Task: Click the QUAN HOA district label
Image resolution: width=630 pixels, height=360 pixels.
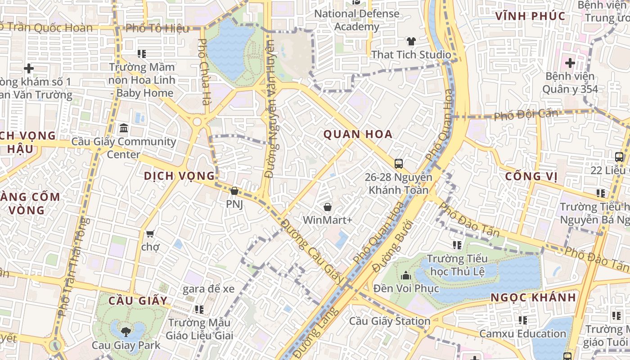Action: pyautogui.click(x=358, y=134)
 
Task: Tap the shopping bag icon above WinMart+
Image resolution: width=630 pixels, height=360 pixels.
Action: pyautogui.click(x=328, y=207)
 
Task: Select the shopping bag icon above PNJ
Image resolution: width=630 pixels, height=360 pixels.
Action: pyautogui.click(x=234, y=191)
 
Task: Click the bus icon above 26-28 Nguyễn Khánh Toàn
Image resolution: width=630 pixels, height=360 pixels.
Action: pyautogui.click(x=398, y=163)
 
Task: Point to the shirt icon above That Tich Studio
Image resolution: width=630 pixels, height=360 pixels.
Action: pyautogui.click(x=411, y=41)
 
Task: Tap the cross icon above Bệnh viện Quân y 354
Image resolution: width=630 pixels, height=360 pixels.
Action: pyautogui.click(x=570, y=63)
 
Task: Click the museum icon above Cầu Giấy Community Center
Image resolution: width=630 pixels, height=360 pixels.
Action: pyautogui.click(x=124, y=128)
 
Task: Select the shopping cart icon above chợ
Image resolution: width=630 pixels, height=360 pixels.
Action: pyautogui.click(x=150, y=234)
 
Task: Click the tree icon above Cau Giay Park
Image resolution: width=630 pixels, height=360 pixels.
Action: pyautogui.click(x=126, y=332)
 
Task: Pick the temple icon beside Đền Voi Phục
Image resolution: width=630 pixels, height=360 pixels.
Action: pyautogui.click(x=406, y=275)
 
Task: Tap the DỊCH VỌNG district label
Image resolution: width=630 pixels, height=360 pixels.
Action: pyautogui.click(x=179, y=176)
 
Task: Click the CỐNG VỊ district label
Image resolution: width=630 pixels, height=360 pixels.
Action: pyautogui.click(x=531, y=176)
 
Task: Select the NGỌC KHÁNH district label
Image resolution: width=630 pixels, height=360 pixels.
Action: pyautogui.click(x=533, y=297)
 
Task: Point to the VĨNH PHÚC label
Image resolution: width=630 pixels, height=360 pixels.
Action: pyautogui.click(x=530, y=16)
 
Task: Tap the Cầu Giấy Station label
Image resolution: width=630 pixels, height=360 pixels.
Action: pyautogui.click(x=390, y=321)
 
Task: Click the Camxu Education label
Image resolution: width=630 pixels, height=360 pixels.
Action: pyautogui.click(x=522, y=334)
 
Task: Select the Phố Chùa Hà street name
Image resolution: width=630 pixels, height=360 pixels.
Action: pyautogui.click(x=203, y=72)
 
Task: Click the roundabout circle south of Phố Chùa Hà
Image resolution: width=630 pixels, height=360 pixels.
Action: pyautogui.click(x=197, y=122)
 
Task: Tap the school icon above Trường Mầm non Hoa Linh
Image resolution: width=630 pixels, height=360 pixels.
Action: pyautogui.click(x=142, y=54)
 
